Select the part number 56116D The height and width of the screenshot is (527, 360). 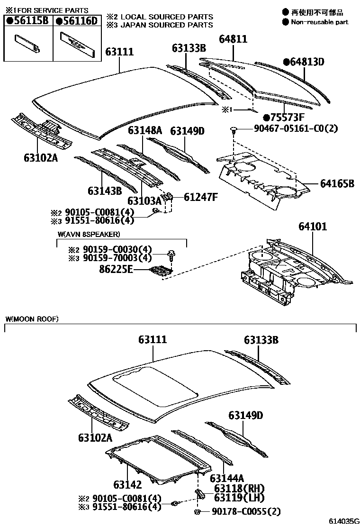pos(78,20)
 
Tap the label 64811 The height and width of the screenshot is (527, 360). pos(233,39)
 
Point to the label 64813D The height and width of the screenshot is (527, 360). pos(306,62)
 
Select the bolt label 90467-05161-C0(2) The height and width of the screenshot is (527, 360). pos(289,129)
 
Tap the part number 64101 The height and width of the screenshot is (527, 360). pos(312,227)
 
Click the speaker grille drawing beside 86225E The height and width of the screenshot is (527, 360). pos(161,271)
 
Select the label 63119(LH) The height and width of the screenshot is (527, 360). pos(239,497)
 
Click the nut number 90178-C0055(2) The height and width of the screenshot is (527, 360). pos(246,511)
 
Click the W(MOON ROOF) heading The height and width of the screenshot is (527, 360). pos(32,319)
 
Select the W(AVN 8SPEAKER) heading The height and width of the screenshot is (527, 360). pos(89,234)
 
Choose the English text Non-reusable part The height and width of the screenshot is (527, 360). pos(319,22)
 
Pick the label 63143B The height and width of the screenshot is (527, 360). pos(105,191)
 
